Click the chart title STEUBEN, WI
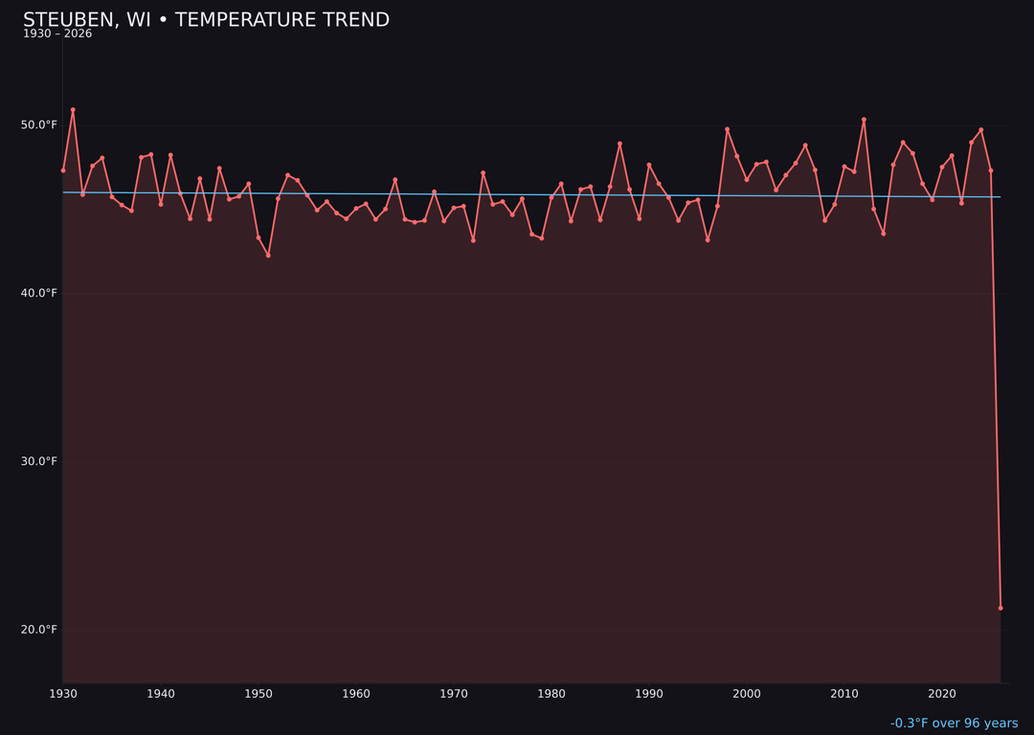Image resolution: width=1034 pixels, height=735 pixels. click(206, 20)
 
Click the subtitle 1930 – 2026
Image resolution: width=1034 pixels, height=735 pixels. click(57, 34)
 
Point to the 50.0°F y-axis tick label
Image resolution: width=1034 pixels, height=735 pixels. click(40, 125)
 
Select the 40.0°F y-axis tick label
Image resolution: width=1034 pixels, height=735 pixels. click(40, 293)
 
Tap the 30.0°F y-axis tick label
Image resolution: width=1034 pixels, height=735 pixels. click(40, 461)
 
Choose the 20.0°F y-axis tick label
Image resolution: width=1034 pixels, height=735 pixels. click(40, 630)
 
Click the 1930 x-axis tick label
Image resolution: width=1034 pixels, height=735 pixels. click(63, 694)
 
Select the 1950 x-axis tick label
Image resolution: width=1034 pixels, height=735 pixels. click(258, 694)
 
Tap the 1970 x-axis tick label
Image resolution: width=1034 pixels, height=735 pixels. click(454, 694)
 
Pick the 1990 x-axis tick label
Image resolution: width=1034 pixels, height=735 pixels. click(649, 694)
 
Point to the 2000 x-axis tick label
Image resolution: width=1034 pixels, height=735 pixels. click(747, 694)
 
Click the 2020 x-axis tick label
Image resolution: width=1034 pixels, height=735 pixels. click(942, 694)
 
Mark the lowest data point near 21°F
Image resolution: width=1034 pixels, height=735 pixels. click(1000, 608)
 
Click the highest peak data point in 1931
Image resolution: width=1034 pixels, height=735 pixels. click(73, 110)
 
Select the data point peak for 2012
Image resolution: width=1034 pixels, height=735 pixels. click(864, 120)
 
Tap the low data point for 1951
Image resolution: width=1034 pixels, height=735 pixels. click(268, 256)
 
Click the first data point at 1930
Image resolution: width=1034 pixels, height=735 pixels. click(63, 170)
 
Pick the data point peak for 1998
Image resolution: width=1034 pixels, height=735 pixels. click(727, 129)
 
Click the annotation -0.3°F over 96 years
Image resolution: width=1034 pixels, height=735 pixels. click(954, 724)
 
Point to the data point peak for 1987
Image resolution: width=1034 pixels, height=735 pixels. click(619, 144)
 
